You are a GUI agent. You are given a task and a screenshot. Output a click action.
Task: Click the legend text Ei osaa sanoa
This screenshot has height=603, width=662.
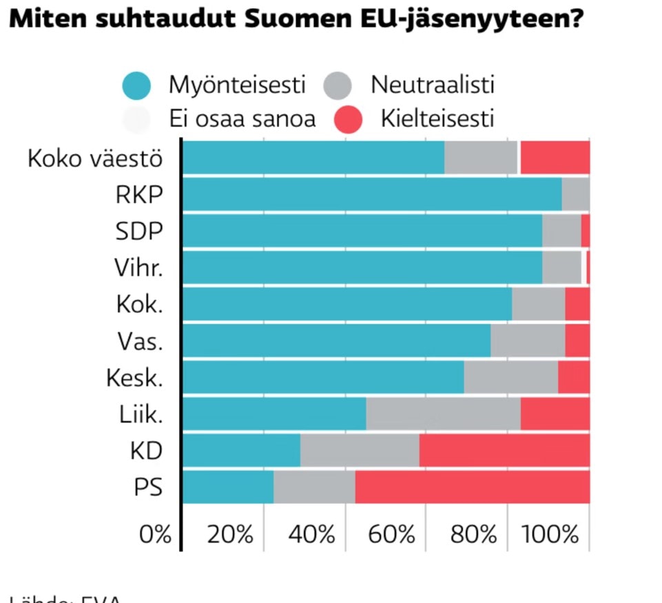point(242,119)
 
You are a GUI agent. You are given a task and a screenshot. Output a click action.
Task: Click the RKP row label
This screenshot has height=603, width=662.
point(139,195)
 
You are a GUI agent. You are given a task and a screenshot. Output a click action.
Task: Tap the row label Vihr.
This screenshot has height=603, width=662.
point(138,268)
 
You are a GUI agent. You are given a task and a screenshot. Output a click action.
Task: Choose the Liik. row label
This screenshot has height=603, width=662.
point(141,414)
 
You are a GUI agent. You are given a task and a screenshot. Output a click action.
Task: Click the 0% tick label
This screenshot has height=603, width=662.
point(155,534)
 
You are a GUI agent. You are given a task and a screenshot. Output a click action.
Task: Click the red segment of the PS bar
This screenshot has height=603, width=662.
point(472,487)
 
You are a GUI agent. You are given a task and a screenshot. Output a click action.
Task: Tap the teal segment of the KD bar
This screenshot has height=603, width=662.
point(241,451)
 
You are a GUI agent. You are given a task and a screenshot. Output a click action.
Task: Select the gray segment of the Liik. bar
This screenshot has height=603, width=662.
point(443,414)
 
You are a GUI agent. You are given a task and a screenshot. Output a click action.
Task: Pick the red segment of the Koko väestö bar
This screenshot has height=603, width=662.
point(555,158)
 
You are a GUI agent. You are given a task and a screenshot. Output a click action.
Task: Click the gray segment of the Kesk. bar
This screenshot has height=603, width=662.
point(510,377)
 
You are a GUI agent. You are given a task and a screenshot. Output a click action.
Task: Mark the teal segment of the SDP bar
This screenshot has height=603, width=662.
point(362,231)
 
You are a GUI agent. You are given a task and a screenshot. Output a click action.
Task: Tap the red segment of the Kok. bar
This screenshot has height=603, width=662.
point(577,304)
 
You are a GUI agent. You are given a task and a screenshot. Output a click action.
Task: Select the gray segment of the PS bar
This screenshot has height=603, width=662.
point(314,487)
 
